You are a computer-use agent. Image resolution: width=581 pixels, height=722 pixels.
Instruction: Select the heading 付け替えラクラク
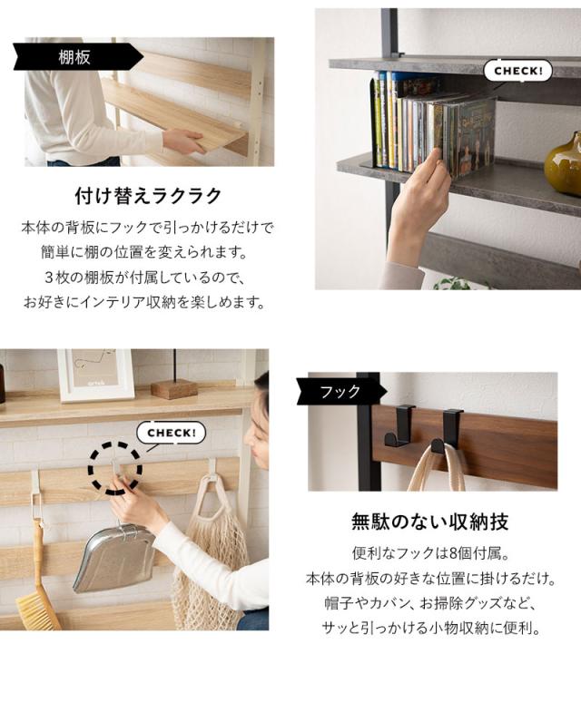click(148, 197)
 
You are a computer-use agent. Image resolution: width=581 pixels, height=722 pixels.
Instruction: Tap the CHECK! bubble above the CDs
click(517, 70)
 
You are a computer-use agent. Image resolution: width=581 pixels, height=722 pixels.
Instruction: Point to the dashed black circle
click(115, 468)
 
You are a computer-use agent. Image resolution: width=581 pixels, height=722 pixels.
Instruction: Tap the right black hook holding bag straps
click(448, 430)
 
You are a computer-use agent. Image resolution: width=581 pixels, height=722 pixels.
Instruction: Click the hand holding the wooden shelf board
click(182, 141)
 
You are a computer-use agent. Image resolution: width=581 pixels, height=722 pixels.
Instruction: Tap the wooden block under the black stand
click(173, 388)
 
